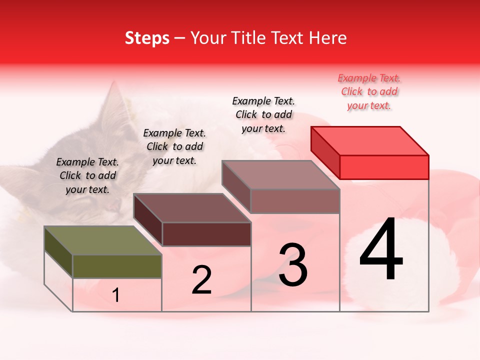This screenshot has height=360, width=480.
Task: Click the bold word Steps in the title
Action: pos(147,38)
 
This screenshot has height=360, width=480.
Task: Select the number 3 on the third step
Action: pos(293,265)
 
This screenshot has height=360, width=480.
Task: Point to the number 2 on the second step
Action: pos(202,280)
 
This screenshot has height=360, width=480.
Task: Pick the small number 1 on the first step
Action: pos(116,295)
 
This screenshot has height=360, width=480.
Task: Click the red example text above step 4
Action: pos(369,91)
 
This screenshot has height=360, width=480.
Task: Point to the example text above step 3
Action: pos(263,114)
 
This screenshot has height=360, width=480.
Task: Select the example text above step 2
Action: pos(174,146)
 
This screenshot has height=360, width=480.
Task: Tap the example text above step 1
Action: pos(87,175)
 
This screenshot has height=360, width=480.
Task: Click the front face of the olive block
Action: pos(117,266)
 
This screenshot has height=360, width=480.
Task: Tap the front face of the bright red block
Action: pos(384,167)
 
